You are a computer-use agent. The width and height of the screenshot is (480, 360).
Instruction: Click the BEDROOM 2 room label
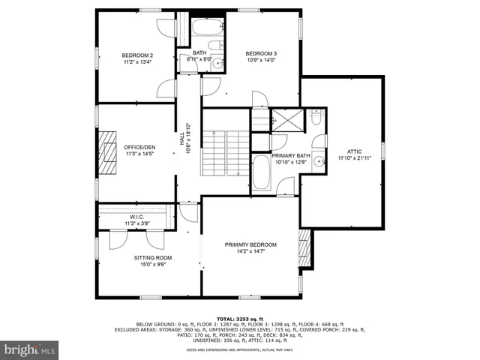(x=138, y=55)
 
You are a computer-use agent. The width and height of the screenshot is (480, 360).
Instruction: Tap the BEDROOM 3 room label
(x=261, y=53)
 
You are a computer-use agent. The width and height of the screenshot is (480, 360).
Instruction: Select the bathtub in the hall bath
(x=204, y=29)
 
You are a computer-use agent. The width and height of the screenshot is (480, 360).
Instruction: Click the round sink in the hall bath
(x=217, y=64)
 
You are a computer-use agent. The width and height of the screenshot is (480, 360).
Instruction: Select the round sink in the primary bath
(x=318, y=160)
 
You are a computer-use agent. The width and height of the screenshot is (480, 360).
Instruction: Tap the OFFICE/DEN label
(x=139, y=147)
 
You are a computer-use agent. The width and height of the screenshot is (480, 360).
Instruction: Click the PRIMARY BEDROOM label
(x=251, y=245)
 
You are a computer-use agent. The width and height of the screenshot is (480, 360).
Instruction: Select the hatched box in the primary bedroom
(x=304, y=245)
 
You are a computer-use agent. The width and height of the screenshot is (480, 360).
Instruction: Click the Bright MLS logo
(x=29, y=349)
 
